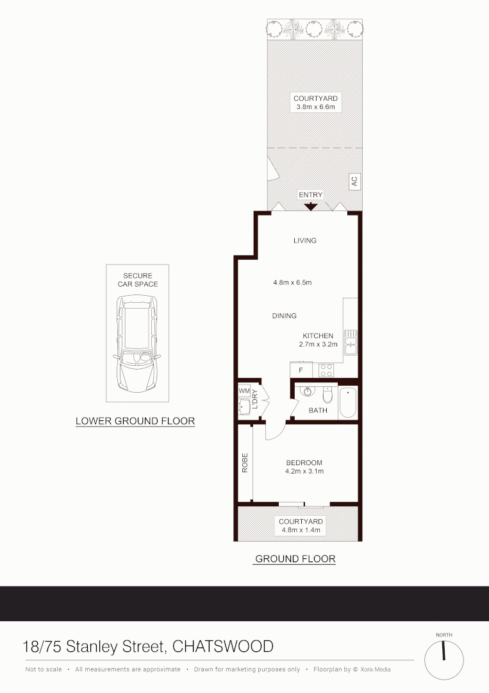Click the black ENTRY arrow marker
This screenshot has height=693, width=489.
311,207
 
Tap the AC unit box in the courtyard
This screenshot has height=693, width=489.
353,182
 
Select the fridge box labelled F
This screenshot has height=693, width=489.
301,370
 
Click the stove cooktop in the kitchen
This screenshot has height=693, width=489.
326,370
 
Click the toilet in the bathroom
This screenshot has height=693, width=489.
328,394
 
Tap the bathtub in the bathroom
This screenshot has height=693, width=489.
347,403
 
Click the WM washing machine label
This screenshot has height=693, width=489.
244,390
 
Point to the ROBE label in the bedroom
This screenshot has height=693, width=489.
245,463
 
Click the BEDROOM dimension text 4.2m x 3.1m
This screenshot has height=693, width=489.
304,472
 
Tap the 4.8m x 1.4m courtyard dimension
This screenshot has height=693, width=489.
299,531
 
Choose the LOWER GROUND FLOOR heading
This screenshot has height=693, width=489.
135,422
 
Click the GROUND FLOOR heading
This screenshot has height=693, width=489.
295,559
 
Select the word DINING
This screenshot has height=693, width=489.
284,316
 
